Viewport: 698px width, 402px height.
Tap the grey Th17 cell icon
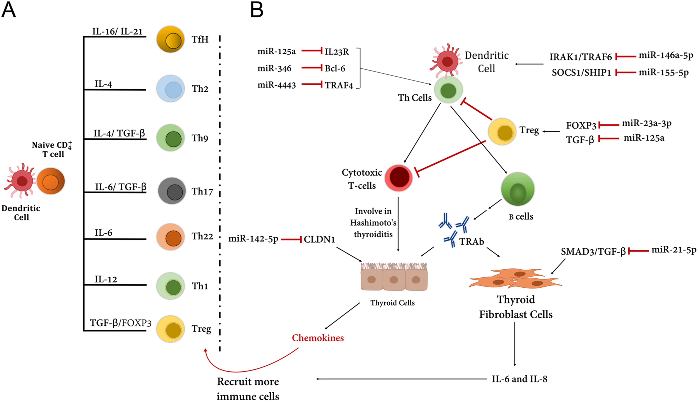tap(172, 191)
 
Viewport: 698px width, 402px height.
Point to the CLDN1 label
tap(319, 239)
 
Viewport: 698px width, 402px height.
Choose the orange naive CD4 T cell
tap(51, 181)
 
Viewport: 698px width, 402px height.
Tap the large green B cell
tap(518, 189)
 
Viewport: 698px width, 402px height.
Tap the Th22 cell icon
tap(171, 237)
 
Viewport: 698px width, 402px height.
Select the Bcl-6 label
tap(335, 68)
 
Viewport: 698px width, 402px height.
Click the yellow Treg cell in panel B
tap(502, 132)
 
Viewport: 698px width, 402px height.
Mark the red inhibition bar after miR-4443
tap(312, 84)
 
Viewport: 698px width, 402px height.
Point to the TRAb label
tap(472, 242)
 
